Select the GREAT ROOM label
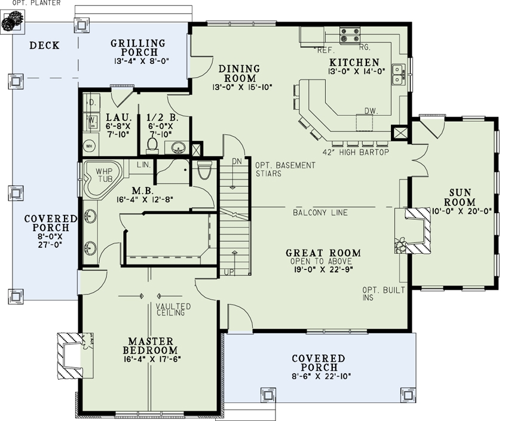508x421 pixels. (x=323, y=253)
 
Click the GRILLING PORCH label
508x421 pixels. (x=138, y=48)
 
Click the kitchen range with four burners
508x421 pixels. (x=350, y=35)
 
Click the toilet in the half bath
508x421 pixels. (x=152, y=144)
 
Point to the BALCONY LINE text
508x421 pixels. (x=320, y=213)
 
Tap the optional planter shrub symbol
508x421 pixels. (x=10, y=23)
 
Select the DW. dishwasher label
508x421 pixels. (x=371, y=110)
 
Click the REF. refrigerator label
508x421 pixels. (x=326, y=50)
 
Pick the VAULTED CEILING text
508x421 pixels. (x=173, y=309)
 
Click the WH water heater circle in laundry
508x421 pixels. (x=90, y=145)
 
